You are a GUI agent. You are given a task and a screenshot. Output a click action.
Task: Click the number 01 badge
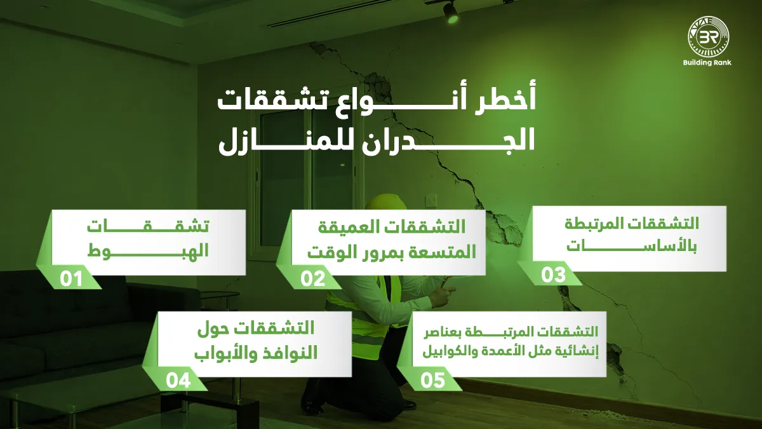coord(71,278)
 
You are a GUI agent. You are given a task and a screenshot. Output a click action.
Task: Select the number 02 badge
coord(312,278)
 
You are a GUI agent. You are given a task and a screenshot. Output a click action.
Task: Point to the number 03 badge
coord(553,275)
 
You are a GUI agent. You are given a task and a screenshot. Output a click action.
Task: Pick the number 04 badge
coord(178,380)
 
